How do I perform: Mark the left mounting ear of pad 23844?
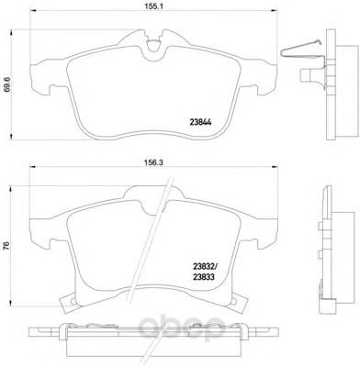[41, 81]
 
